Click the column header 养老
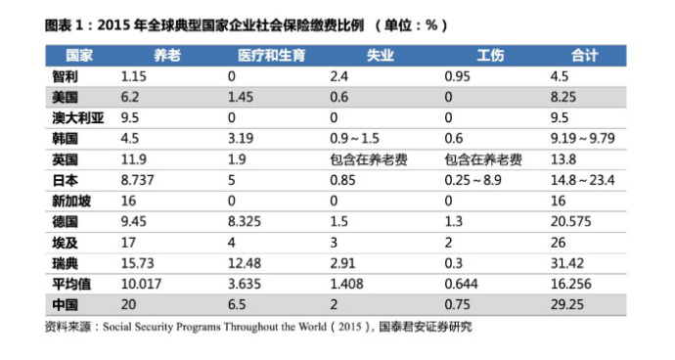(x=167, y=56)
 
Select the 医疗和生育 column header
(x=271, y=56)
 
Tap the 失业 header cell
(x=381, y=56)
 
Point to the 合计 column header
(x=584, y=56)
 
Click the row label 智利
(x=65, y=76)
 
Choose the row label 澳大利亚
(x=78, y=118)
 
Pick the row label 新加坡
(x=71, y=202)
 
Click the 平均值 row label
(x=71, y=285)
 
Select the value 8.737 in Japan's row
(x=137, y=180)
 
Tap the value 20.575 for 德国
(x=571, y=222)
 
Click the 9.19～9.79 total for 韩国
(x=582, y=139)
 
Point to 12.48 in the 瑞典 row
(x=245, y=263)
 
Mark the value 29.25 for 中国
(x=567, y=305)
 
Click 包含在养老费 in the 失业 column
(x=369, y=159)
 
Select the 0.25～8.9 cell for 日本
(x=472, y=180)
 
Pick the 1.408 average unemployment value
(x=346, y=285)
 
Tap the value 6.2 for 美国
(x=130, y=97)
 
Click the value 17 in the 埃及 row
(x=128, y=243)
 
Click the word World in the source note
(x=312, y=327)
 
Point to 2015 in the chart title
(x=113, y=25)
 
